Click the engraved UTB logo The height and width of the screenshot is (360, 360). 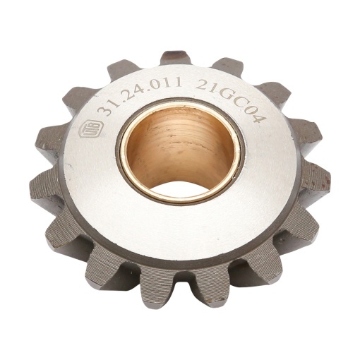[90, 128]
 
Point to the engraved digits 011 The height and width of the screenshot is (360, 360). [167, 83]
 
